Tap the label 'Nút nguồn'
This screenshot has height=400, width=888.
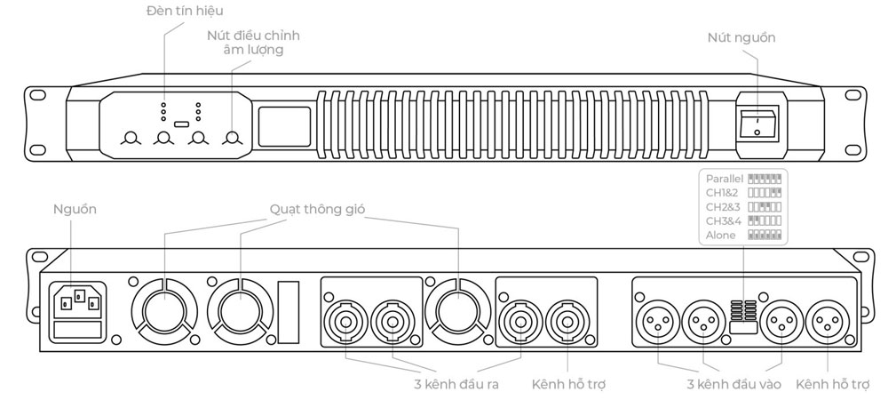point(741,37)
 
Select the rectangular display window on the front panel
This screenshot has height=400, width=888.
point(284,124)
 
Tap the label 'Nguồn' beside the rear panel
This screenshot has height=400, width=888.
point(75,209)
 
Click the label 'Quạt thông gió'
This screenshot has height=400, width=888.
point(316,209)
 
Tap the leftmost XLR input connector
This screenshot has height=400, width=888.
point(659,318)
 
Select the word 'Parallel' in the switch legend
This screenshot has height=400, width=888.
point(724,178)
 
